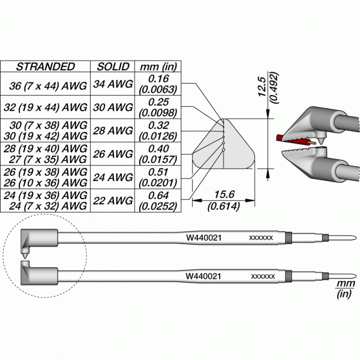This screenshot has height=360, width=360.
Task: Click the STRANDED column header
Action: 46,67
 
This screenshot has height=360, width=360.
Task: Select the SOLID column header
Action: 113,67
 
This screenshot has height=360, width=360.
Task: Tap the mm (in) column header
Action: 158,67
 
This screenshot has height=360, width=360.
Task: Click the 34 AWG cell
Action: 113,84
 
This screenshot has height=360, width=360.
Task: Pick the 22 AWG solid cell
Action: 113,201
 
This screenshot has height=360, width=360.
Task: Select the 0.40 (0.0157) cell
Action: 158,154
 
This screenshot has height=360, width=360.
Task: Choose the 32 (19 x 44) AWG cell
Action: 46,107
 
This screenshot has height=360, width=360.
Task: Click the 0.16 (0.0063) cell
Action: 158,84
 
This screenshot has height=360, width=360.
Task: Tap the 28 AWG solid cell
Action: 113,131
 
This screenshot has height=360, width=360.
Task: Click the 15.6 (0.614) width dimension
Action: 223,201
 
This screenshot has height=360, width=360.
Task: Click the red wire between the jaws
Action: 291,140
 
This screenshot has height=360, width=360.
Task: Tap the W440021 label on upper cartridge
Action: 204,238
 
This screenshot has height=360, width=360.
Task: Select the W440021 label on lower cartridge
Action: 203,276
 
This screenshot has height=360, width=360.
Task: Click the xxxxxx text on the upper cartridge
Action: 261,238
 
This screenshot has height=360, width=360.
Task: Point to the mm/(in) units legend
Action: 345,290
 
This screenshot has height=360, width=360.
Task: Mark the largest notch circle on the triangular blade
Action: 223,150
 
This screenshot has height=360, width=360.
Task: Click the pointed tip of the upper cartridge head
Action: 25,258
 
